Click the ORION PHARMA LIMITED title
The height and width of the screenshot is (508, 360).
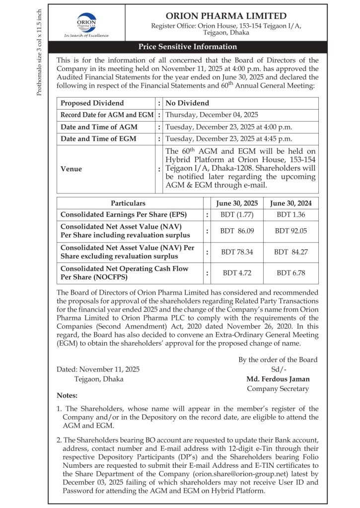pyautogui.click(x=226, y=16)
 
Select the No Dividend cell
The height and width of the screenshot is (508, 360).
pyautogui.click(x=187, y=103)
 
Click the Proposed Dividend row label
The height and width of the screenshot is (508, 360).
pyautogui.click(x=92, y=103)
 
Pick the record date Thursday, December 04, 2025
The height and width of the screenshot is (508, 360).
pyautogui.click(x=212, y=115)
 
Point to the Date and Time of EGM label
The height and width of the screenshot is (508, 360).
pyautogui.click(x=98, y=139)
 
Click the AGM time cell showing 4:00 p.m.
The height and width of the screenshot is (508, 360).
pyautogui.click(x=228, y=127)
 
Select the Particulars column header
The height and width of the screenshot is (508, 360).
pyautogui.click(x=128, y=203)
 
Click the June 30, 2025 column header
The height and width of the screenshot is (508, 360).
pyautogui.click(x=237, y=203)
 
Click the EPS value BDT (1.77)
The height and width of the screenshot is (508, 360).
pyautogui.click(x=237, y=215)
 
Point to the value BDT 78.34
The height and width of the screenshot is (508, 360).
pyautogui.click(x=237, y=252)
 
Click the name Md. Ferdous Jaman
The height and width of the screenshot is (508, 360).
pyautogui.click(x=278, y=379)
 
